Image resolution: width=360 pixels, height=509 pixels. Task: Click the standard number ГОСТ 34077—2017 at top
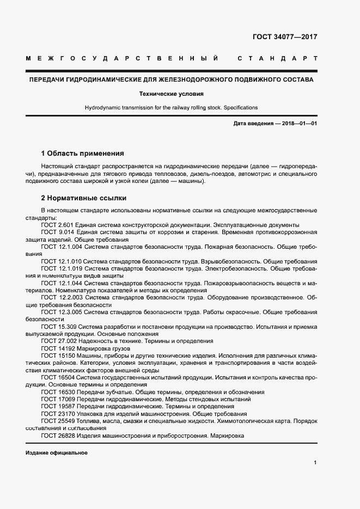(285, 38)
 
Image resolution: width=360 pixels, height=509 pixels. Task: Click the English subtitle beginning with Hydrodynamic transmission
(171, 107)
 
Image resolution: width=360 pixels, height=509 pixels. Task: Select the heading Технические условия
(171, 94)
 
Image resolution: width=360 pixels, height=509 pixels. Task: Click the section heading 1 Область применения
(83, 154)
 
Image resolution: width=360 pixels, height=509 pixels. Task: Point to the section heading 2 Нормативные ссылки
(84, 198)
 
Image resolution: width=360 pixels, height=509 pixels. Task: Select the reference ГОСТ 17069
(57, 399)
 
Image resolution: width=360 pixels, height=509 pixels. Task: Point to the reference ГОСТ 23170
(57, 414)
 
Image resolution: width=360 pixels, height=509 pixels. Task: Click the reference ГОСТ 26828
(57, 436)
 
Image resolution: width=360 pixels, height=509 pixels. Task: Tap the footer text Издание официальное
(56, 453)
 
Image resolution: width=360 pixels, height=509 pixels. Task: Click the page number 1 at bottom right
(315, 463)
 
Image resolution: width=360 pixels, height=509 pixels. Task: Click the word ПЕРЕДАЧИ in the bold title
(46, 80)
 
